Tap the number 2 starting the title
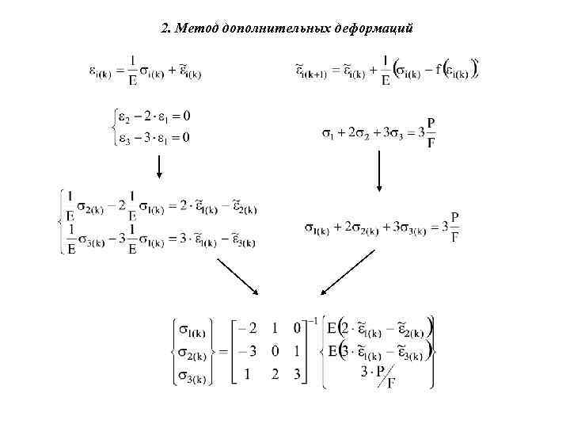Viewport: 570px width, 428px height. click(x=165, y=29)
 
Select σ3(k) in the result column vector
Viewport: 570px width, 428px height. click(x=193, y=375)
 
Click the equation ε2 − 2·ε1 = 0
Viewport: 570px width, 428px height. click(x=154, y=117)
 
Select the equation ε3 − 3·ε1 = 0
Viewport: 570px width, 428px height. click(x=154, y=138)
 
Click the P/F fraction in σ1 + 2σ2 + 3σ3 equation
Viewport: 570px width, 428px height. click(x=430, y=132)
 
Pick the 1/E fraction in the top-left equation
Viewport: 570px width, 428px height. click(x=132, y=67)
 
